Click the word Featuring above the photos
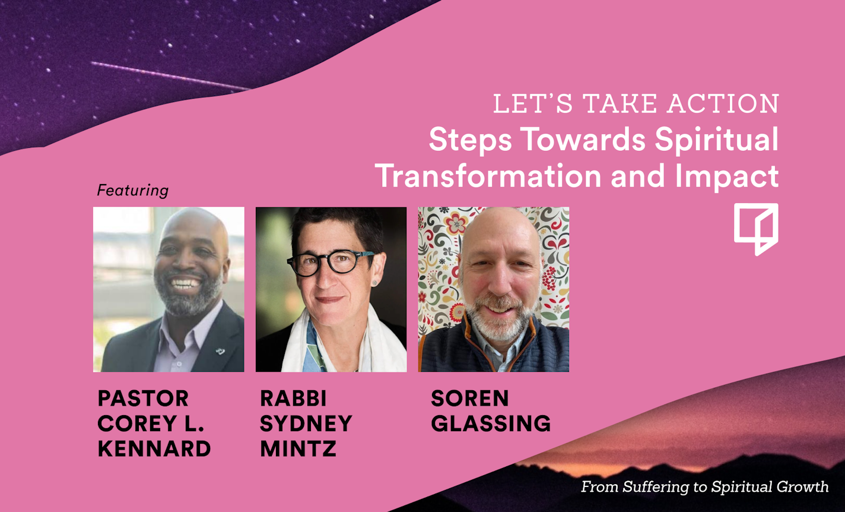click(133, 191)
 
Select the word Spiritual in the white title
click(716, 140)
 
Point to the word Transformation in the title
click(488, 176)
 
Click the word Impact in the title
click(726, 177)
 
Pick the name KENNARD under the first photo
click(154, 448)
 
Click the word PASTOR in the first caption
click(143, 399)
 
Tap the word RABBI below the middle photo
click(293, 399)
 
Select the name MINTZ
click(298, 448)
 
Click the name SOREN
click(469, 399)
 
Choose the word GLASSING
click(491, 423)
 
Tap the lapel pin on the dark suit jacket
click(220, 352)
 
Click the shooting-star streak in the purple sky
click(170, 76)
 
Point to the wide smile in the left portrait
click(185, 283)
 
